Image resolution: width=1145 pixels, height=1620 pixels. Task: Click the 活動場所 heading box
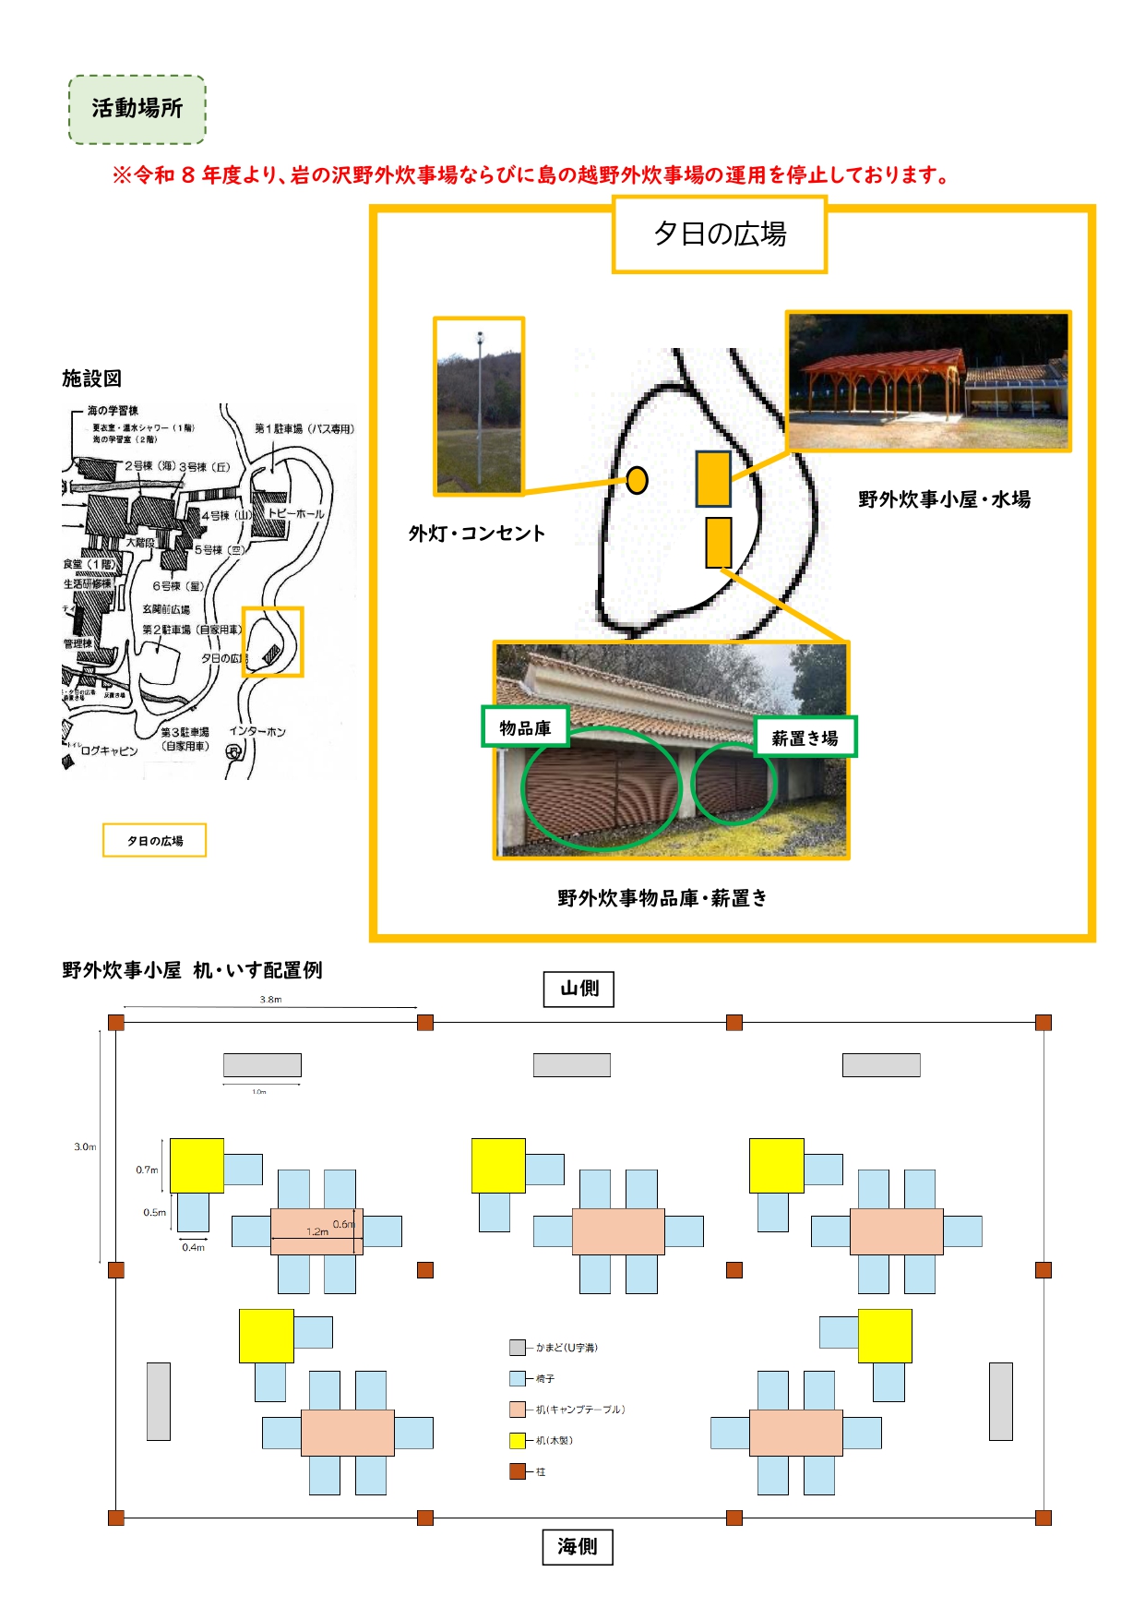tap(137, 109)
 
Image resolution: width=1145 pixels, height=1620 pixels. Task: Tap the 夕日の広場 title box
tap(720, 234)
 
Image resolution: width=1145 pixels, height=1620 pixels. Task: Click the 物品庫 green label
tap(525, 727)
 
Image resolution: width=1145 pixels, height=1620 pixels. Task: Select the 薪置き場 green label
tap(805, 738)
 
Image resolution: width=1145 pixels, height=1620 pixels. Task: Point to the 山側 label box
tap(578, 989)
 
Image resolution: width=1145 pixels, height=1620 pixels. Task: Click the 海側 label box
tap(578, 1546)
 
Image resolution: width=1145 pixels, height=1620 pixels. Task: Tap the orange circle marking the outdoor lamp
tap(637, 480)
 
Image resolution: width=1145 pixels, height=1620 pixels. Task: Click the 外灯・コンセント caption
tap(477, 534)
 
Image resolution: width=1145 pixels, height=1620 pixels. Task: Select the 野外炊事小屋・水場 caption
tap(944, 499)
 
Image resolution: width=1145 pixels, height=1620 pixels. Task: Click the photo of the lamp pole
tap(479, 406)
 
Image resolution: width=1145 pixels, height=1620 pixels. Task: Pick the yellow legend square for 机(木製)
tap(518, 1440)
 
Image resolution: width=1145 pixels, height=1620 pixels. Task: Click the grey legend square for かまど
tap(518, 1348)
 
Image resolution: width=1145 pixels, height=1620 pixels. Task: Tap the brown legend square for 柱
tap(518, 1471)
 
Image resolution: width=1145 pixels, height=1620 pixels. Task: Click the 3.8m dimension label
tap(270, 1000)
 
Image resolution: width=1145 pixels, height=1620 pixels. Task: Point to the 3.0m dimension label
tap(85, 1146)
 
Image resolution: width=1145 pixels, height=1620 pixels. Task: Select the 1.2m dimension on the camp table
tap(317, 1231)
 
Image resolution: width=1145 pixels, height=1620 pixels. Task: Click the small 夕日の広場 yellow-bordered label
tap(154, 841)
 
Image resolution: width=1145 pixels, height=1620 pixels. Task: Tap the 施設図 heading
tap(91, 378)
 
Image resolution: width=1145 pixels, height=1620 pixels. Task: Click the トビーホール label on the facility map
tap(295, 513)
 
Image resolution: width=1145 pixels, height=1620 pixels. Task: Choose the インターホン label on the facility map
tap(257, 731)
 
